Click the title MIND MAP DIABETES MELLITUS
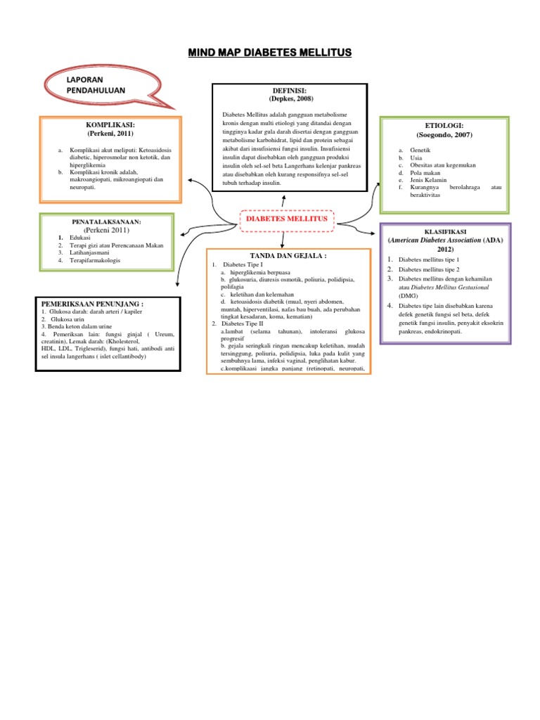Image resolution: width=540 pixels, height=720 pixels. point(270,53)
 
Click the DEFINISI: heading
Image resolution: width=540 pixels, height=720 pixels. point(290,91)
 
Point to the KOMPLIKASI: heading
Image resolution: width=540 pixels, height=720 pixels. point(110,124)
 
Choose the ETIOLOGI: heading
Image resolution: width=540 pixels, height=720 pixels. point(444,125)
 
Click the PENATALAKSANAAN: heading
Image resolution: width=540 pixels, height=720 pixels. point(107,221)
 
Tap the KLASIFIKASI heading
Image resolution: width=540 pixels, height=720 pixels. point(445,231)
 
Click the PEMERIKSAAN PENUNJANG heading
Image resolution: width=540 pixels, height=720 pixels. point(93,303)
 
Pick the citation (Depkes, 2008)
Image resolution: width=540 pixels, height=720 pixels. point(290,100)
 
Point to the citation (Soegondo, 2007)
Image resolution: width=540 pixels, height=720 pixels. point(444,134)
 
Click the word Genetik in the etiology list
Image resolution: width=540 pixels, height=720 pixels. point(422,150)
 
